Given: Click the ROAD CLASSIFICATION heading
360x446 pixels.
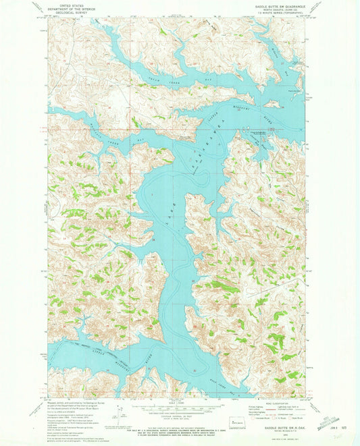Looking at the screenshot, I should click(x=277, y=403).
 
